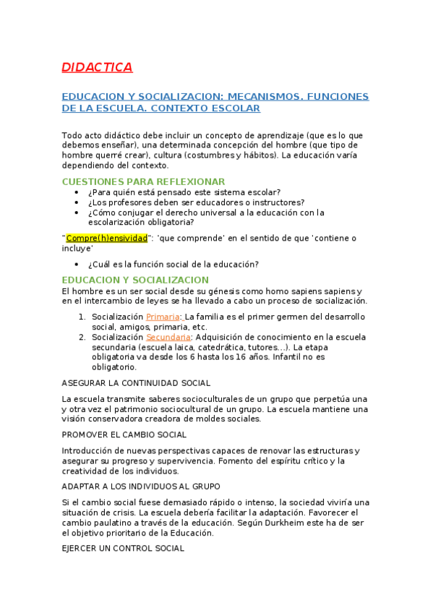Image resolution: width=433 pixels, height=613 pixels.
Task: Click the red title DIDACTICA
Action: click(97, 68)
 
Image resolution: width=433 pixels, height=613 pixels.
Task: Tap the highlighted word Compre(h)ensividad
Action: click(107, 238)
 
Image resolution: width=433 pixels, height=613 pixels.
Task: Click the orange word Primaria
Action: click(164, 317)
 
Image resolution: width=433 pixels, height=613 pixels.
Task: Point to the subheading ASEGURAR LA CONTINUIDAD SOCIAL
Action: click(136, 383)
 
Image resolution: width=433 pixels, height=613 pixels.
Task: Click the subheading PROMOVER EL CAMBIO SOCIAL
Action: click(124, 434)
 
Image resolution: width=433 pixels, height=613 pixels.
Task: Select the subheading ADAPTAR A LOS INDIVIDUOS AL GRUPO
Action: click(141, 486)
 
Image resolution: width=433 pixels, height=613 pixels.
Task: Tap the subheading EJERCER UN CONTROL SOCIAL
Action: click(123, 549)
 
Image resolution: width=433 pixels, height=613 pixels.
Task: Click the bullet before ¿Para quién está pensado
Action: click(77, 192)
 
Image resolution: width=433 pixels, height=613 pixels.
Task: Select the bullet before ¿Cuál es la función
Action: click(77, 264)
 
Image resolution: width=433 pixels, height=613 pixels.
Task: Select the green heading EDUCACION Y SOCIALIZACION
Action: click(135, 280)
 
